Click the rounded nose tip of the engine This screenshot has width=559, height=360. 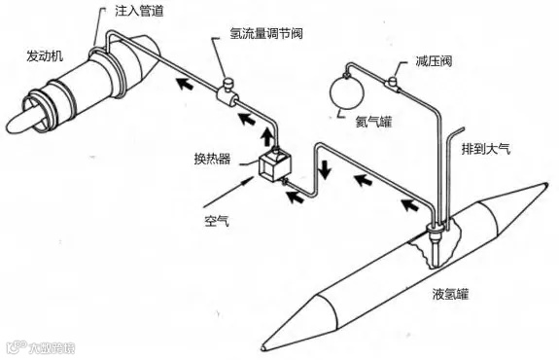tap(15, 125)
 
